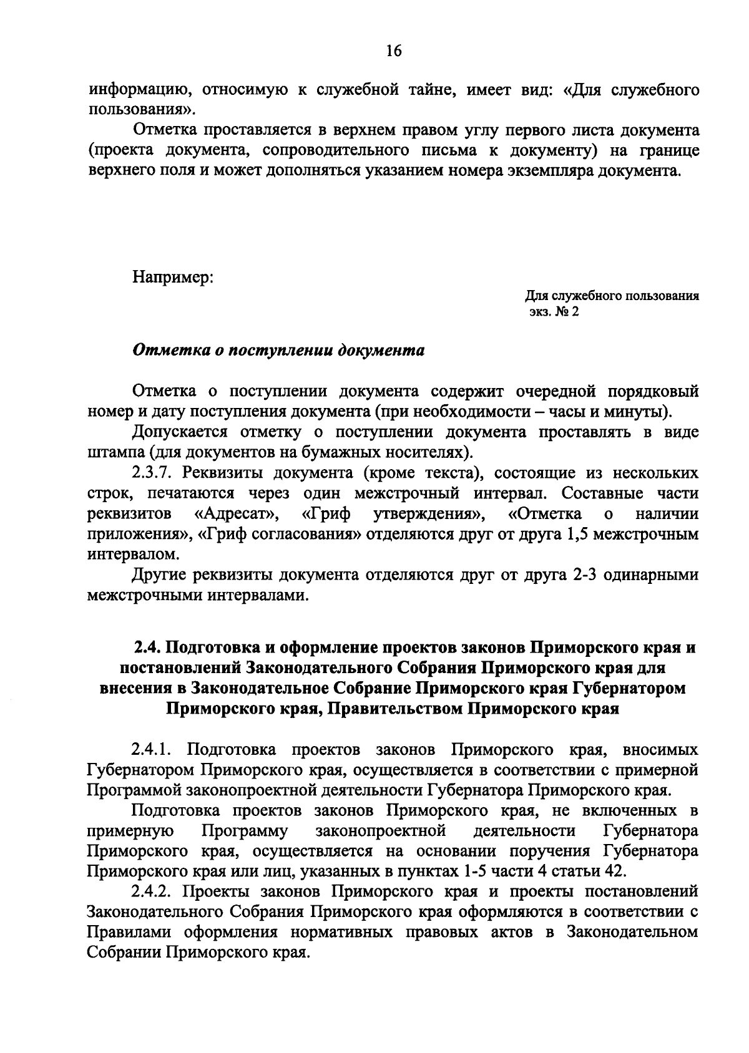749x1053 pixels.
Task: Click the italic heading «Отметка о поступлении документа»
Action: (278, 350)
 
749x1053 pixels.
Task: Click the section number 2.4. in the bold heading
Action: (149, 648)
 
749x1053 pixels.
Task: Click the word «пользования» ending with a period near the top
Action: (132, 111)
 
